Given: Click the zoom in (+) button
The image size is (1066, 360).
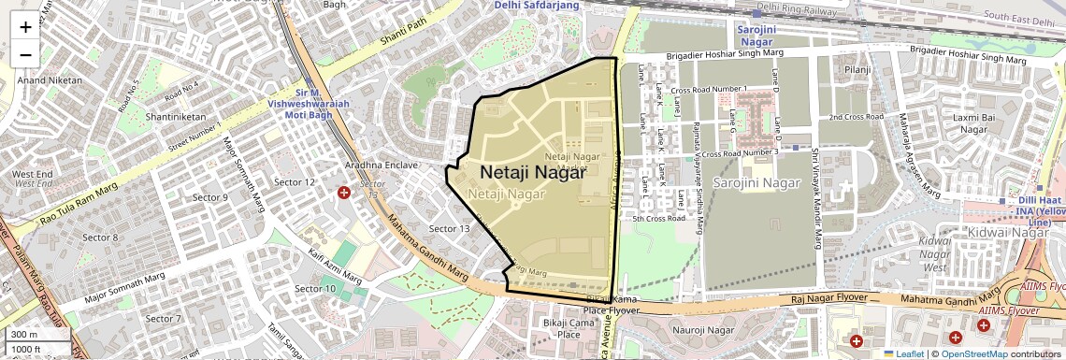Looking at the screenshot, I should tap(25, 26).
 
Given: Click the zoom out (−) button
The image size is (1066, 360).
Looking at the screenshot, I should tap(25, 54).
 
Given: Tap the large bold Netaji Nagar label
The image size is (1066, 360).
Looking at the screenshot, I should tap(532, 172).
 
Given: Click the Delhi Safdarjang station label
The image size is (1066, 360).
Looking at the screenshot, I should tap(537, 6).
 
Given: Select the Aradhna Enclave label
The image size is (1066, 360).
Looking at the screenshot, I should tap(381, 165).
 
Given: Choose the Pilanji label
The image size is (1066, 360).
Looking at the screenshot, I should tap(857, 70).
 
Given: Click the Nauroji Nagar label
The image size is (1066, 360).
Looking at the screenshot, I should tap(703, 330).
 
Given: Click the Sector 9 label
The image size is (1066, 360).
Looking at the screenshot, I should tap(209, 197).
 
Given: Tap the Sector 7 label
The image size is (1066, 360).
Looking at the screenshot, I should tap(164, 319).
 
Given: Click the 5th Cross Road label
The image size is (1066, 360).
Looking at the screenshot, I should tap(658, 219).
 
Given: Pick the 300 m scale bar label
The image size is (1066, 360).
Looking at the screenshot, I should tap(24, 334).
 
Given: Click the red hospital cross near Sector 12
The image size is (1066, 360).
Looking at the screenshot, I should tap(345, 193).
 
